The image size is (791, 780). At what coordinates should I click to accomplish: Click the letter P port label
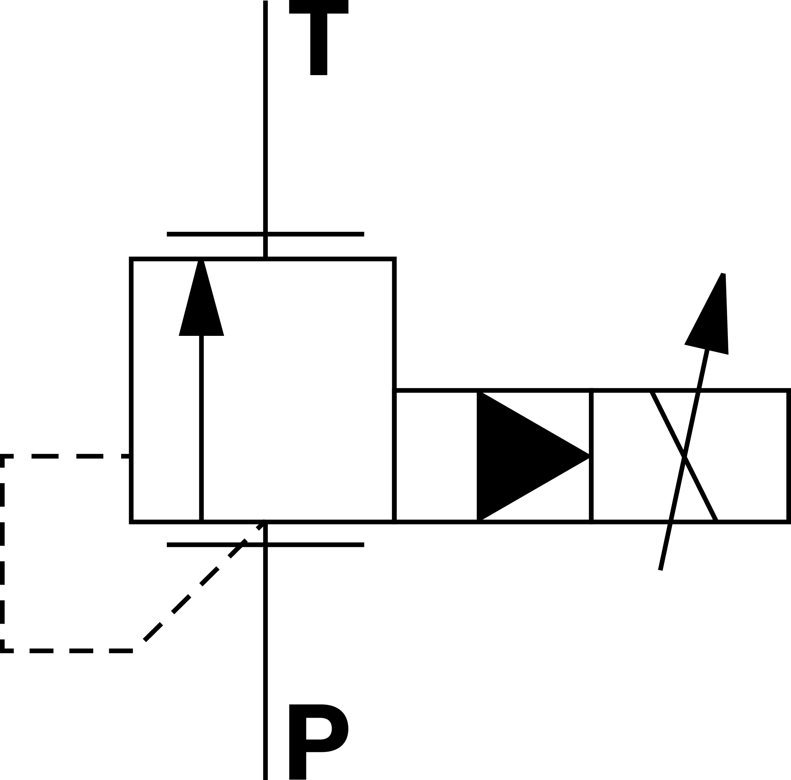coord(315,741)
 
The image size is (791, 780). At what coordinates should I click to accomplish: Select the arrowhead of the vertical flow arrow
coord(201,303)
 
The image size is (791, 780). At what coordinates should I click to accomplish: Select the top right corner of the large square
coord(394,259)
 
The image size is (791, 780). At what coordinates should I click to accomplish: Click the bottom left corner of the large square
coord(131,522)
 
